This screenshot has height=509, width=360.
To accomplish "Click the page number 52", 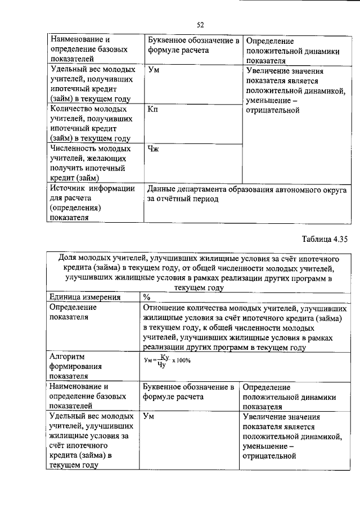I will (200, 24).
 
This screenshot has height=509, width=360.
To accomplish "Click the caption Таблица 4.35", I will (325, 238).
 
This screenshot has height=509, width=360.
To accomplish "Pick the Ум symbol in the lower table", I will (149, 417).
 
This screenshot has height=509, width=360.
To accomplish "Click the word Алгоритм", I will (67, 357).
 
